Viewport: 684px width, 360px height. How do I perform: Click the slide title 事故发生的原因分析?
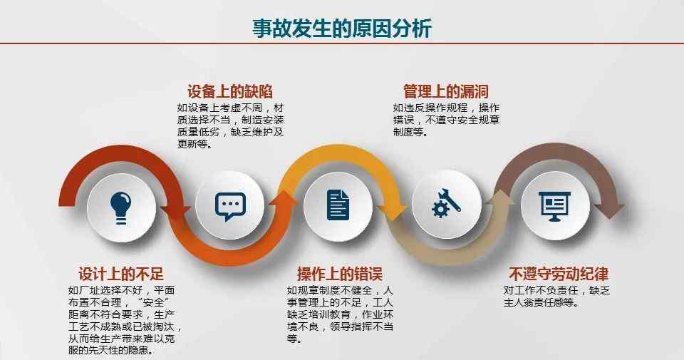342,28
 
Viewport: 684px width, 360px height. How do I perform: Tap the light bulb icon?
121,208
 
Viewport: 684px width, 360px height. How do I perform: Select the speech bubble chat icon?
230,207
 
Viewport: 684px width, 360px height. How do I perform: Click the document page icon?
338,205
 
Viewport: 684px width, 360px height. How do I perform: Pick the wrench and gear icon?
446,203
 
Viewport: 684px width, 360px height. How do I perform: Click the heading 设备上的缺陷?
230,92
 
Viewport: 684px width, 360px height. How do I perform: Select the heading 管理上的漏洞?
446,92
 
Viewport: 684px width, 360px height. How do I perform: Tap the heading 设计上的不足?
121,274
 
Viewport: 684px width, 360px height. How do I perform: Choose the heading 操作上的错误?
340,274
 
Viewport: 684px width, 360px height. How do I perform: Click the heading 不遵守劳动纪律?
559,274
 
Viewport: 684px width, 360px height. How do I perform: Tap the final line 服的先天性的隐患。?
111,351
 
